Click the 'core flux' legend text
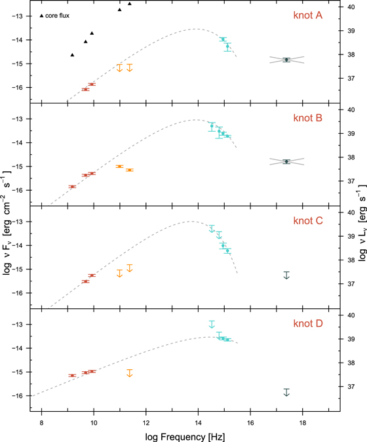(58, 15)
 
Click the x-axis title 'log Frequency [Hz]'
(185, 434)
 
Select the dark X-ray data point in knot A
(286, 60)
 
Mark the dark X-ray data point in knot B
(286, 161)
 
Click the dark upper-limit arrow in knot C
(286, 275)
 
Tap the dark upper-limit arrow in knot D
(286, 392)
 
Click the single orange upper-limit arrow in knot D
(130, 372)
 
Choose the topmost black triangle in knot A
(130, 4)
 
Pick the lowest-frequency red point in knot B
(72, 187)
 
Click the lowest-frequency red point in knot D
(72, 376)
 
